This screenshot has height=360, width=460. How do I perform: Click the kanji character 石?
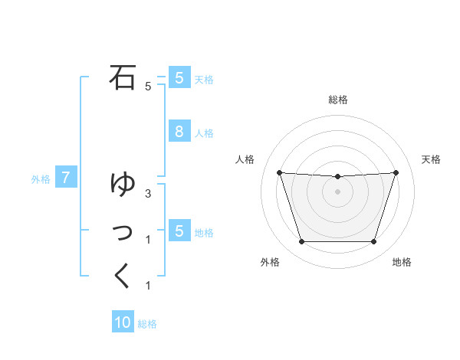pyautogui.click(x=123, y=77)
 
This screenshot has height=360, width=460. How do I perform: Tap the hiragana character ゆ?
pyautogui.click(x=123, y=184)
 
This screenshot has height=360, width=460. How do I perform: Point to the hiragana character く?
pyautogui.click(x=122, y=275)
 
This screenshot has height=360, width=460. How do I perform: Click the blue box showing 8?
pyautogui.click(x=179, y=131)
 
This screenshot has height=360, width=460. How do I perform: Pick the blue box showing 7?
pyautogui.click(x=66, y=178)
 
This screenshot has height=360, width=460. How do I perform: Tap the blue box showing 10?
pyautogui.click(x=123, y=322)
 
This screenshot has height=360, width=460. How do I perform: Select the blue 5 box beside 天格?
pyautogui.click(x=179, y=77)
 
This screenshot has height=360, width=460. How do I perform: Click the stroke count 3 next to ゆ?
pyautogui.click(x=147, y=193)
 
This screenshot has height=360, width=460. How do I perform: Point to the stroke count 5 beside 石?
pyautogui.click(x=147, y=87)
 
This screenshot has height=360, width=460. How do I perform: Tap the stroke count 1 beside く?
pyautogui.click(x=147, y=286)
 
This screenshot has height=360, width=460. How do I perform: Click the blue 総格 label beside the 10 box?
pyautogui.click(x=147, y=324)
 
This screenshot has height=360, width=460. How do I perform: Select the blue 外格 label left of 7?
pyautogui.click(x=41, y=179)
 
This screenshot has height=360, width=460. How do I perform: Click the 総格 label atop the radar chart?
pyautogui.click(x=337, y=100)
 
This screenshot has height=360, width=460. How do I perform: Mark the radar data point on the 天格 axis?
pyautogui.click(x=396, y=172)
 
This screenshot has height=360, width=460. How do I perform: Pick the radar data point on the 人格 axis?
pyautogui.click(x=279, y=172)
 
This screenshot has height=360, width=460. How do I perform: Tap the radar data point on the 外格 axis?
pyautogui.click(x=301, y=241)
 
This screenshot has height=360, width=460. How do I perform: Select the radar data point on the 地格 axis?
pyautogui.click(x=373, y=241)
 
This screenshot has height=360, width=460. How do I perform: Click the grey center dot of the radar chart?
pyautogui.click(x=337, y=191)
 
